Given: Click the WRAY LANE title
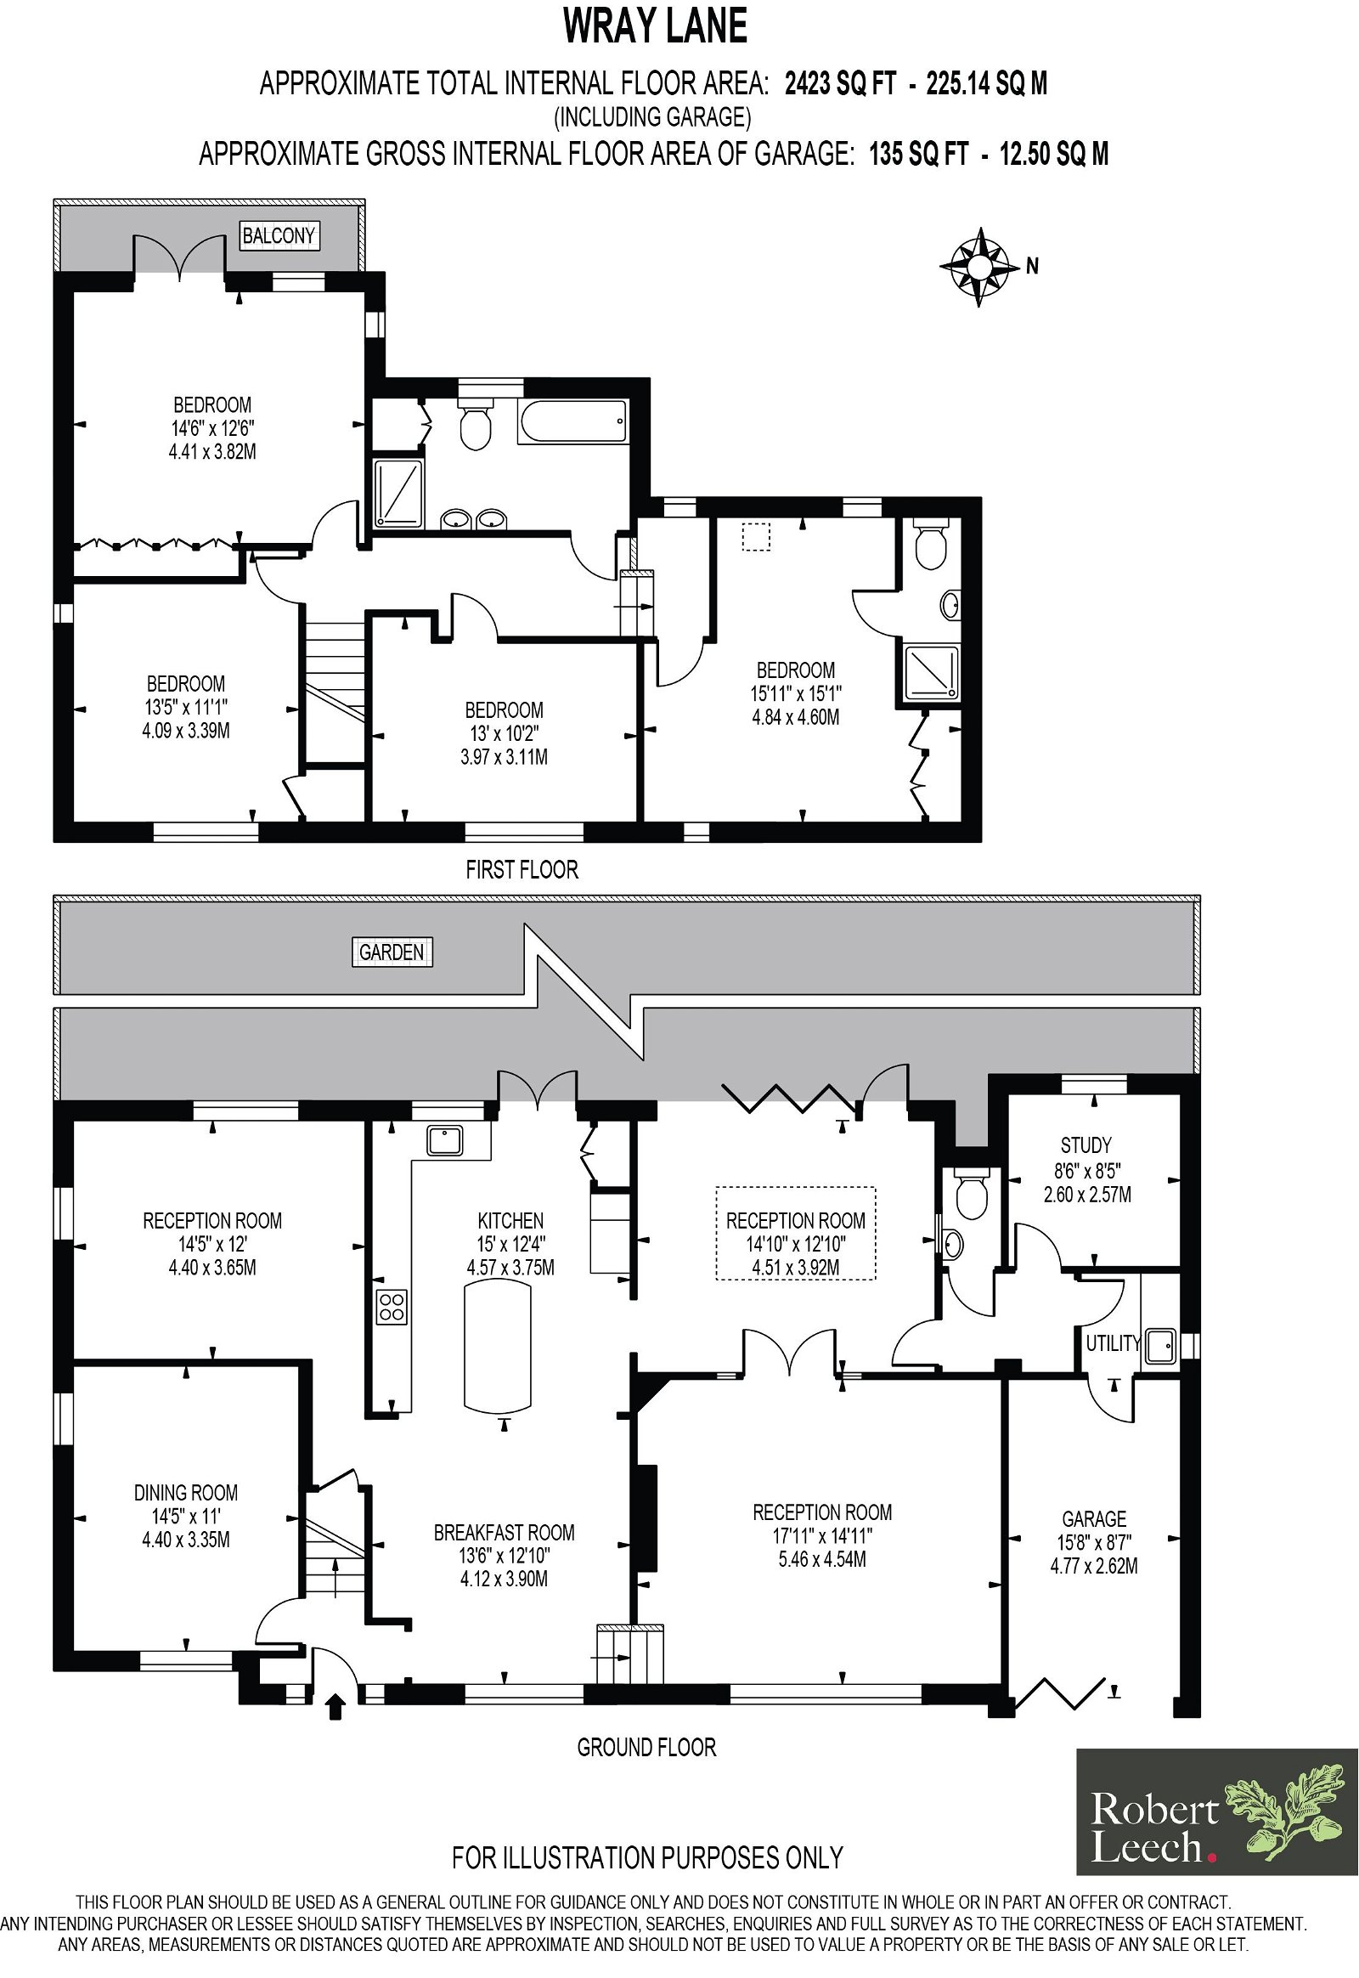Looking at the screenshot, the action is click(x=656, y=26).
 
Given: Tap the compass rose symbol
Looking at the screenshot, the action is click(x=980, y=267).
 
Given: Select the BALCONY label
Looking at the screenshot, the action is click(x=279, y=235).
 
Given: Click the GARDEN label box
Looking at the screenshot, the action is click(x=392, y=952).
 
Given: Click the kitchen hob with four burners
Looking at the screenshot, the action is click(x=392, y=1307).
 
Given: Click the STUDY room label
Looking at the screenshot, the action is click(x=1086, y=1144).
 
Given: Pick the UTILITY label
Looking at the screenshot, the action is click(x=1113, y=1343).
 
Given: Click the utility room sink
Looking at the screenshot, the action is click(x=1159, y=1345).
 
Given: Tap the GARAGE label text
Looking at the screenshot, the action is click(x=1094, y=1519).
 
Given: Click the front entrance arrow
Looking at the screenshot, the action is click(x=336, y=1707).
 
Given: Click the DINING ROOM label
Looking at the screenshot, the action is click(x=186, y=1493).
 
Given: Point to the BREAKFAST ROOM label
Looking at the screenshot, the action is click(x=504, y=1533).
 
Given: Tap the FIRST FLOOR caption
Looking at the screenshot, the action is click(x=522, y=870).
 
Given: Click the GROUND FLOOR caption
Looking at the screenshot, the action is click(x=647, y=1748).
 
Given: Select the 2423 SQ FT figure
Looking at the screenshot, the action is click(x=840, y=83).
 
